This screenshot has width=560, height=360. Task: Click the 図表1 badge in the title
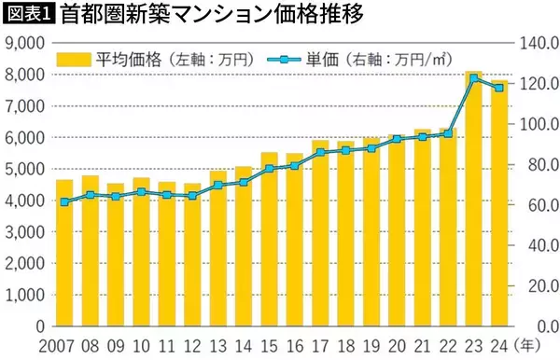(29, 15)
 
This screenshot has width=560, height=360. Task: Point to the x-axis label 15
(269, 346)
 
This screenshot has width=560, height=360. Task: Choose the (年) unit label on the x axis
(527, 346)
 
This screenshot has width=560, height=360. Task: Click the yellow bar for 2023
(474, 201)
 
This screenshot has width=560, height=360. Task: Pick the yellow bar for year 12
(192, 256)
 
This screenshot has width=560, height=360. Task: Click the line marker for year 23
(474, 78)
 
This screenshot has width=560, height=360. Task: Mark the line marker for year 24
(498, 88)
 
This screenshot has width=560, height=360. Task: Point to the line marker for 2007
(64, 201)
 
